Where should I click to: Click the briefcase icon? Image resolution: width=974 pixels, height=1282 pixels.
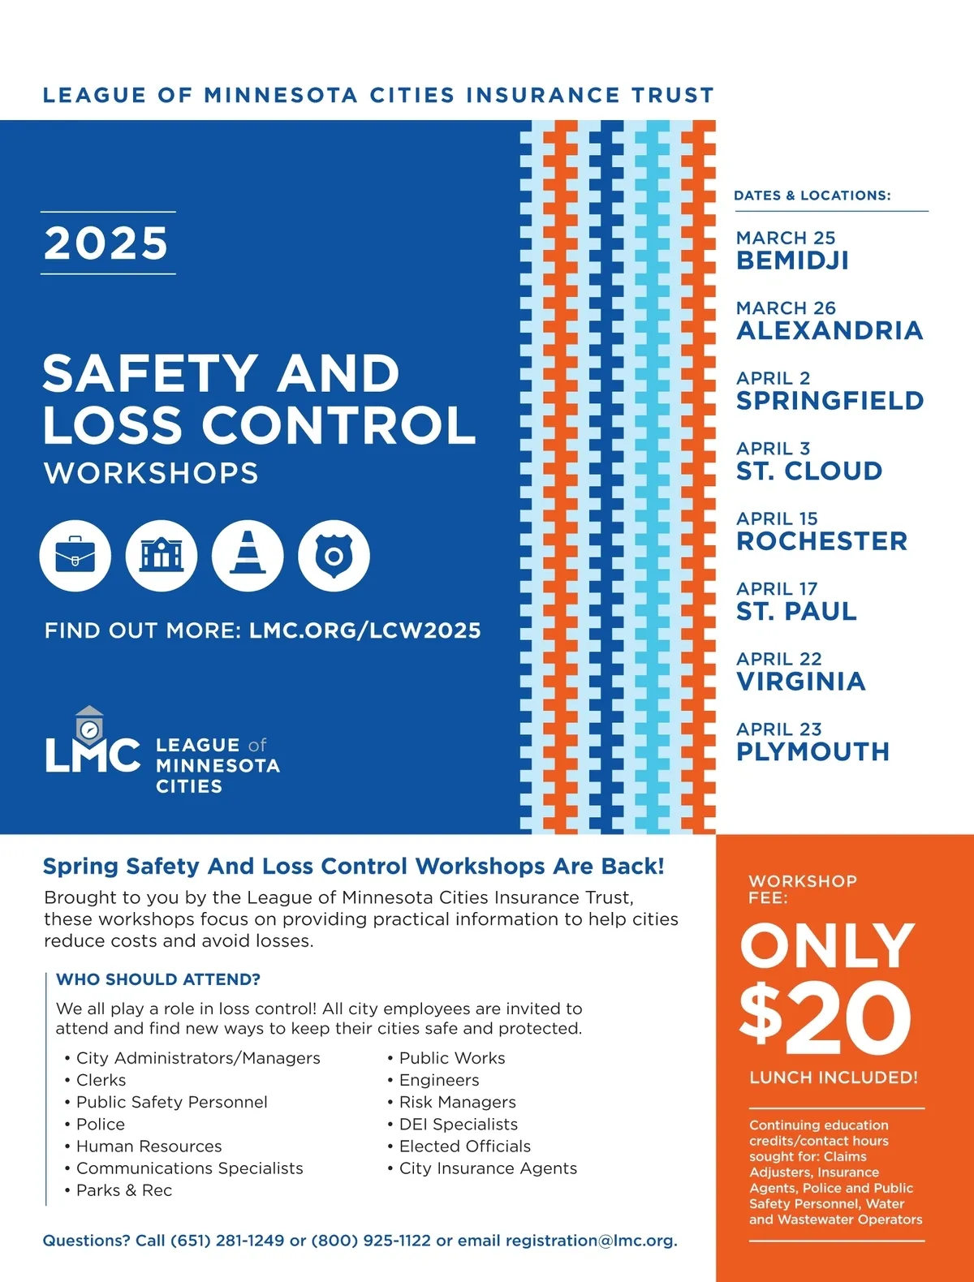[75, 556]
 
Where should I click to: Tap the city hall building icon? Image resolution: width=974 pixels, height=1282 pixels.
[162, 556]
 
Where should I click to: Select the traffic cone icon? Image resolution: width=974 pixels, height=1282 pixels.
[248, 556]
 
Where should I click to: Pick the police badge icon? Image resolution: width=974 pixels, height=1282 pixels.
[334, 556]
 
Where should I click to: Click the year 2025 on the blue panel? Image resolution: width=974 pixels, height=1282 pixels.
[107, 243]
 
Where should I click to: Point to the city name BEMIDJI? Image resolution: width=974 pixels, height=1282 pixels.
[792, 260]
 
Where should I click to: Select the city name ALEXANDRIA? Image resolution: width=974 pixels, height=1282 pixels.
[830, 331]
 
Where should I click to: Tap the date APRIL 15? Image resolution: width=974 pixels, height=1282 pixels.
[777, 518]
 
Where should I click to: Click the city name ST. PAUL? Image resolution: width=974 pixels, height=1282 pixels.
[796, 612]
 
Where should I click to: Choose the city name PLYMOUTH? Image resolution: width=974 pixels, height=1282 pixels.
[812, 752]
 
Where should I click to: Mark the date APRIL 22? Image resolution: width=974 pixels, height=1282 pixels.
[778, 659]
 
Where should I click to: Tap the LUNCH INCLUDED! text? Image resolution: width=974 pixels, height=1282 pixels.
[834, 1078]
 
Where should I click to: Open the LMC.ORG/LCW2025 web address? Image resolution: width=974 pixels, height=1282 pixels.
[365, 630]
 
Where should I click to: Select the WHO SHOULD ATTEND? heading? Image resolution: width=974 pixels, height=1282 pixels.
[158, 979]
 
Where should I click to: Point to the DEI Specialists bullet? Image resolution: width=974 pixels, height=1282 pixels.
[458, 1124]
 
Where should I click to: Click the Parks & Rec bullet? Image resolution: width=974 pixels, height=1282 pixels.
[123, 1190]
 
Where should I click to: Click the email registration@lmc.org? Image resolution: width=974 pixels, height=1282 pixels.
[590, 1241]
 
